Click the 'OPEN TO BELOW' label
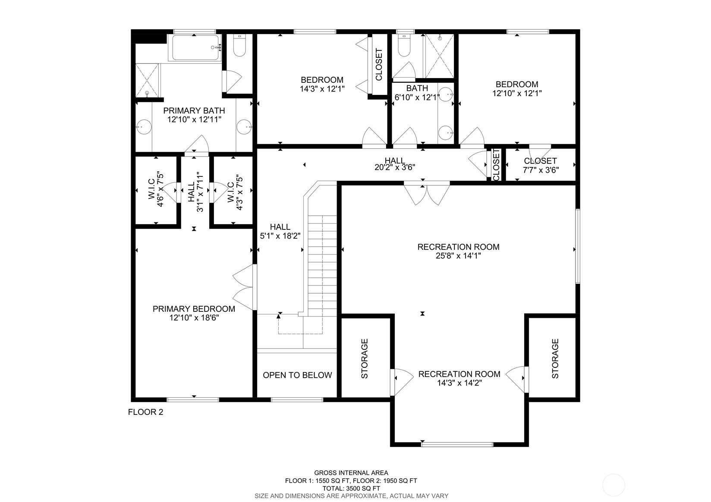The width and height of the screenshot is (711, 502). pos(297,375)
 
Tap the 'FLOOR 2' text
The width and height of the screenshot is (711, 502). pos(145,412)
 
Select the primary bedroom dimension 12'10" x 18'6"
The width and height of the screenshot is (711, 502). pos(194,318)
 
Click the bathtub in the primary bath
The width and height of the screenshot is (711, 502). pos(195,48)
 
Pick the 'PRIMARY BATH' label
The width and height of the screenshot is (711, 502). pos(194,111)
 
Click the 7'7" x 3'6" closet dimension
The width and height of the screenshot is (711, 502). pos(541,170)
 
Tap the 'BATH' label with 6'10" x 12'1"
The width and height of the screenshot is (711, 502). pos(417,88)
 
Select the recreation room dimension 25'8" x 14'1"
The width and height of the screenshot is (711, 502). pos(458,256)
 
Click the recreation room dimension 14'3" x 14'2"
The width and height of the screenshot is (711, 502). pos(459,383)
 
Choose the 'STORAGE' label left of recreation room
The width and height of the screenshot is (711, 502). pos(365,358)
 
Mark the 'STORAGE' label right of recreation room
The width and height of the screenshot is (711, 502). pos(555,358)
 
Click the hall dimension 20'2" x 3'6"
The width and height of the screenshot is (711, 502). pos(394,167)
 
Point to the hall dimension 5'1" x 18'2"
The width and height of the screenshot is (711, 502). pos(280,236)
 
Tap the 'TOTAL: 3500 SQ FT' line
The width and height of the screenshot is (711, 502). pos(351,488)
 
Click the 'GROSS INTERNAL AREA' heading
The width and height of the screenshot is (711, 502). pos(351,473)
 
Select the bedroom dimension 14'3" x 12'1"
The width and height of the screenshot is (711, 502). pos(322,89)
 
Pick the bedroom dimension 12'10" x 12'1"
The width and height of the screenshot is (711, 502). pos(517,93)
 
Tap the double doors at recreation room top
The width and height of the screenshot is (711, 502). pos(427,193)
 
